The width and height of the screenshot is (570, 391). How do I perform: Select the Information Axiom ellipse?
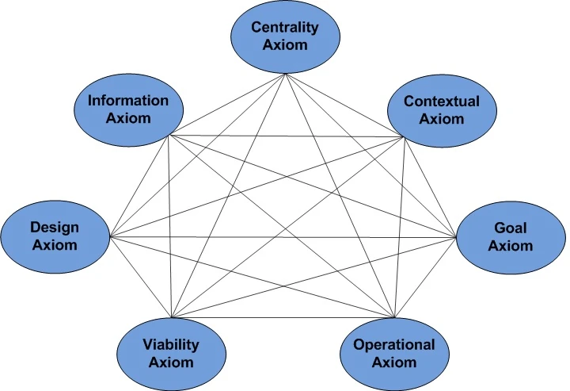point(128,110)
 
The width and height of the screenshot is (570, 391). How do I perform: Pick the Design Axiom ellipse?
point(55,236)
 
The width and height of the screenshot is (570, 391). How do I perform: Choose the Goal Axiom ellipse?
point(511,236)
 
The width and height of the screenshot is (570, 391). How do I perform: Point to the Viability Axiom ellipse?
point(170,353)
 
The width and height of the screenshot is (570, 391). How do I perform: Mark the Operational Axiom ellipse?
point(393,353)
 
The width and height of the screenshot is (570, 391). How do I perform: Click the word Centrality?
point(285,28)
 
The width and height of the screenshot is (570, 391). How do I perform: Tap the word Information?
point(128,101)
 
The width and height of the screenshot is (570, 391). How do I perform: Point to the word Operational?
point(393,344)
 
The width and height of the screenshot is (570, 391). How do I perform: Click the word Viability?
point(170,344)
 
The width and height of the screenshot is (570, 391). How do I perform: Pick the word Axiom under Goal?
point(511,246)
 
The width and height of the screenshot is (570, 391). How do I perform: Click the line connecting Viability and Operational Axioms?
point(281,317)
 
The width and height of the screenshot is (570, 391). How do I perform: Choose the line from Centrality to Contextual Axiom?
point(344,105)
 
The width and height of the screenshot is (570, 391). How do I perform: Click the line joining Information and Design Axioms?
point(139,186)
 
